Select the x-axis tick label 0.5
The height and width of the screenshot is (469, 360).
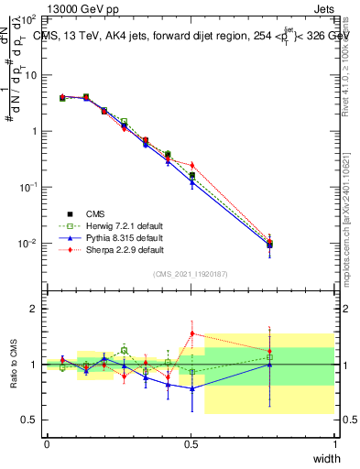pos(191,444)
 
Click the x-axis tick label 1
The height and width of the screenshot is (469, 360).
pos(335,444)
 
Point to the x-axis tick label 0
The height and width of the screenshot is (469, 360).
pos(47,444)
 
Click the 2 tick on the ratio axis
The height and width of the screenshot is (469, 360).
pos(34,309)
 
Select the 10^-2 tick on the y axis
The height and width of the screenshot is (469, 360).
pos(27,244)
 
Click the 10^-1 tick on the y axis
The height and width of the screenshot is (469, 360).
pos(27,187)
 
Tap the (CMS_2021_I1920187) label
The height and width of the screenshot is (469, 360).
pos(191,273)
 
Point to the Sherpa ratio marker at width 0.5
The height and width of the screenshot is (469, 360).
pos(191,333)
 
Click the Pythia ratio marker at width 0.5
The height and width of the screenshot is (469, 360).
pos(191,388)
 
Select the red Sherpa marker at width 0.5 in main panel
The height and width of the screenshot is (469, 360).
pos(191,165)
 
